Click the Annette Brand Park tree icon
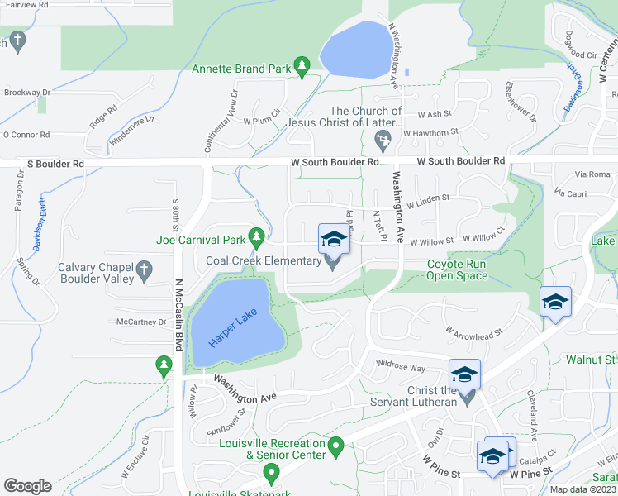point(302,66)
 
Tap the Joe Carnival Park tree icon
point(257,239)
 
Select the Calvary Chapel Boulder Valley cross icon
point(145,269)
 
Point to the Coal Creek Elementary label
point(263,261)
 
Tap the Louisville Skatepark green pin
point(270,474)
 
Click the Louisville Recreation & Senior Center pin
point(335,449)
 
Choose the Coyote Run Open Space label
point(457,270)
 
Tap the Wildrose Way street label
point(401,366)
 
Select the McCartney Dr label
point(141,322)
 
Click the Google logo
point(27,486)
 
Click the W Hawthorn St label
point(430,132)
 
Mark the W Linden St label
point(427,198)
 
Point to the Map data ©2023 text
point(583,489)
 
